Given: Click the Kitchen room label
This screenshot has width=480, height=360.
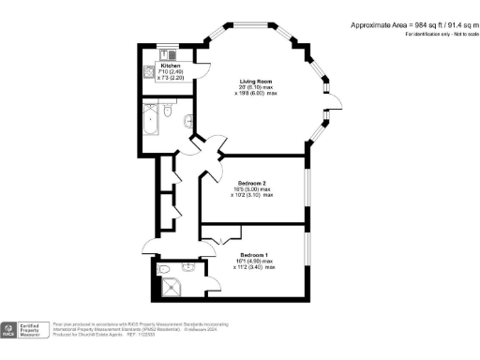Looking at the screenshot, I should pos(170,66).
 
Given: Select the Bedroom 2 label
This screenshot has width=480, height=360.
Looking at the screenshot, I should pos(253,182).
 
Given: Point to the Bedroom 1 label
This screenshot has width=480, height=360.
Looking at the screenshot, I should pos(255,255).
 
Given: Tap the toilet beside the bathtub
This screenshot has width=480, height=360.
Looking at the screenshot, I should pos(166,112).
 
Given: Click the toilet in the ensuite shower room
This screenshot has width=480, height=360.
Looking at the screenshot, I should pos(166,266).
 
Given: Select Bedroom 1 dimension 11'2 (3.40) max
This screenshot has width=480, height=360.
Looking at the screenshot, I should pos(256,267).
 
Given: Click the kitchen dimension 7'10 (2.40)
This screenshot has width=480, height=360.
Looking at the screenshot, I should pos(170,72).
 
